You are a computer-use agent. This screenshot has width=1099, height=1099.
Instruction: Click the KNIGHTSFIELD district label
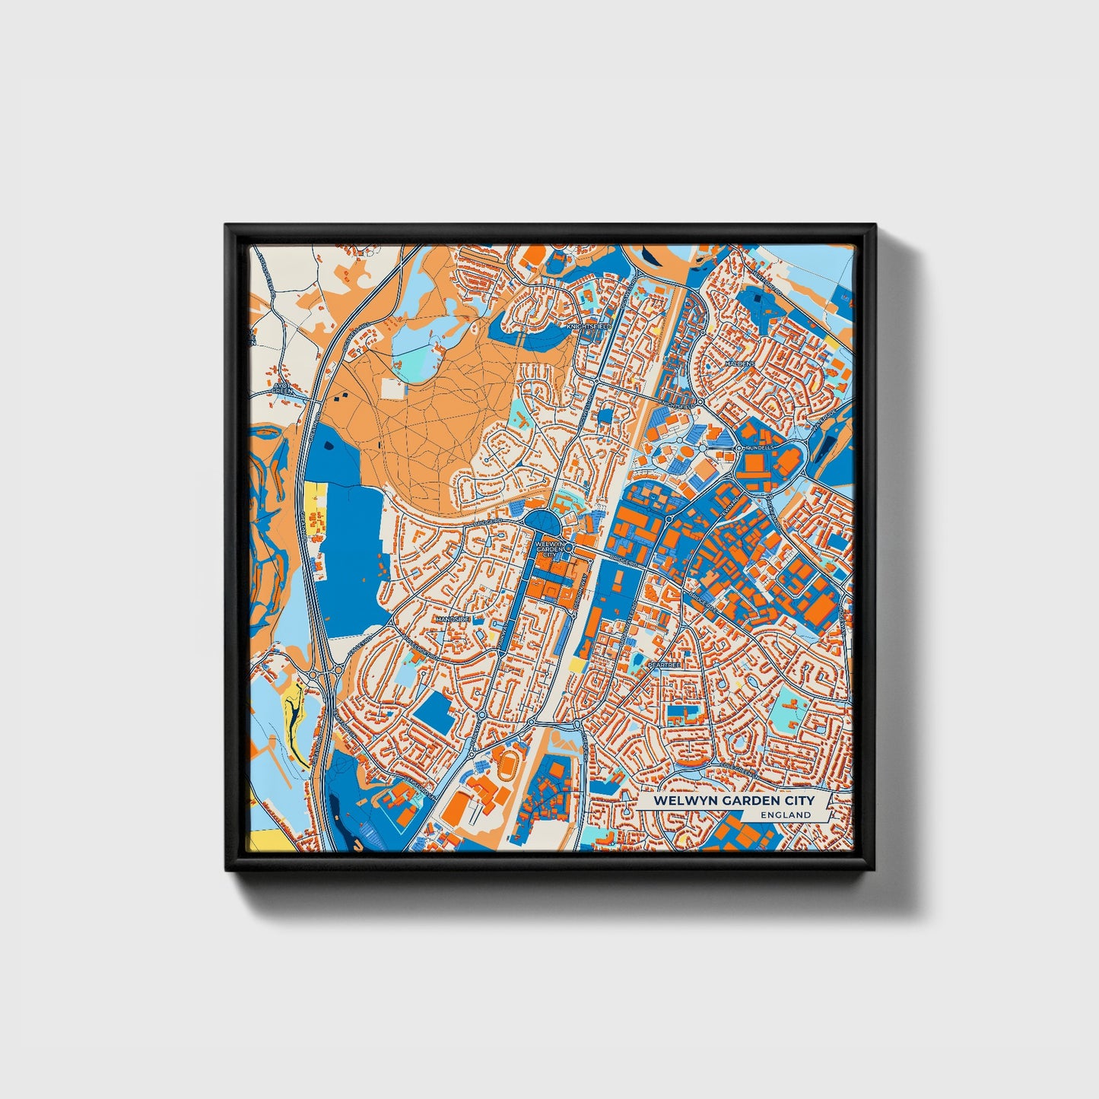pyautogui.click(x=588, y=326)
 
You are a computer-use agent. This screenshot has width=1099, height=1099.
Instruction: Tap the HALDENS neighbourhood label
pyautogui.click(x=739, y=364)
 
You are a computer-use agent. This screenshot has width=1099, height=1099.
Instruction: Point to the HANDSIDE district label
pyautogui.click(x=453, y=620)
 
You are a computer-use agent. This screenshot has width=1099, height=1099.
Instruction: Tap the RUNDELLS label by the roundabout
pyautogui.click(x=758, y=448)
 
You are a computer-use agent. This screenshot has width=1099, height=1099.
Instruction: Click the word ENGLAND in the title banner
pyautogui.click(x=786, y=815)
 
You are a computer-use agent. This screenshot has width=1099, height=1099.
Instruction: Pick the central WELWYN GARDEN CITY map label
pyautogui.click(x=549, y=549)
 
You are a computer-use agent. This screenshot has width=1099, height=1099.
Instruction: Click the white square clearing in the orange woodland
pyautogui.click(x=393, y=389)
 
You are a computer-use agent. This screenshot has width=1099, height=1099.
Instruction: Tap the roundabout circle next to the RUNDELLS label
pyautogui.click(x=738, y=449)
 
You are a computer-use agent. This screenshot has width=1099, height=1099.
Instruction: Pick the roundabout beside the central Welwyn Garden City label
pyautogui.click(x=568, y=546)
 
